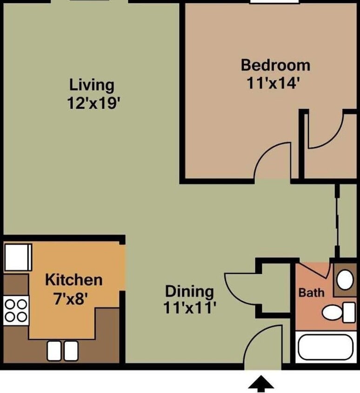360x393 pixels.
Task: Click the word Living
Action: point(92,85)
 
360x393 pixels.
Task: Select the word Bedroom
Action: point(275,65)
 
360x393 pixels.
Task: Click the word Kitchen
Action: point(73,280)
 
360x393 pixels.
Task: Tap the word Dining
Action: point(190,292)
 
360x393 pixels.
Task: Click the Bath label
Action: point(311,293)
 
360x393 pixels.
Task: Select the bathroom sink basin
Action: point(345,280)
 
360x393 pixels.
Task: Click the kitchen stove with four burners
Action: point(15,311)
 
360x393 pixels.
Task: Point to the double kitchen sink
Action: point(62,350)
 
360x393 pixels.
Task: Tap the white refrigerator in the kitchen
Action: point(17,257)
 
